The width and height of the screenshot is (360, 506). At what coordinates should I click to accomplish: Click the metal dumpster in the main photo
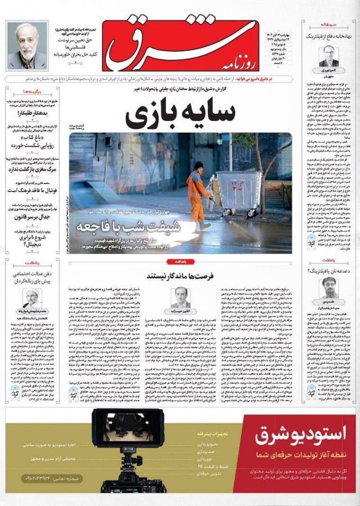(239, 188)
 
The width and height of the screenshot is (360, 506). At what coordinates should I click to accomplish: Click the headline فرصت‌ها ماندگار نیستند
(180, 275)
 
